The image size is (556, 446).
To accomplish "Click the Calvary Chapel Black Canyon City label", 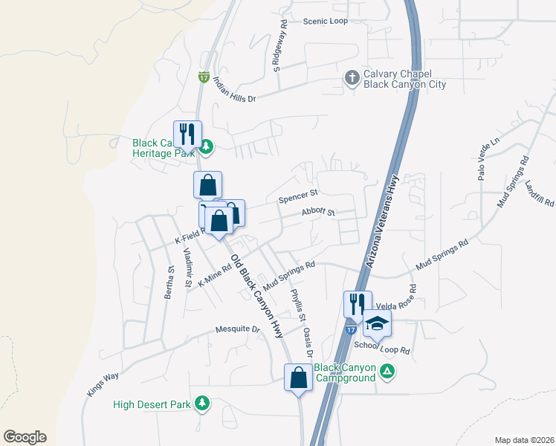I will pos(404,79).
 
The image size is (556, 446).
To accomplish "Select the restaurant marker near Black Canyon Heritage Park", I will pos(187,135).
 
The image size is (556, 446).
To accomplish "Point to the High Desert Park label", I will pos(152,405).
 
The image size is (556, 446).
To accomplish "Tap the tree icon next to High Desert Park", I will pos(201,404).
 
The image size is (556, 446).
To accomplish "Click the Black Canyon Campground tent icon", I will pos(387,371).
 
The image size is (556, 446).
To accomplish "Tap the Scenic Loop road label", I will pos(325,21).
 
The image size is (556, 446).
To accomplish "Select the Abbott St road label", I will pos(318,212).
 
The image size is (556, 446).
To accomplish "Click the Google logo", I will pos(25,437).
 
